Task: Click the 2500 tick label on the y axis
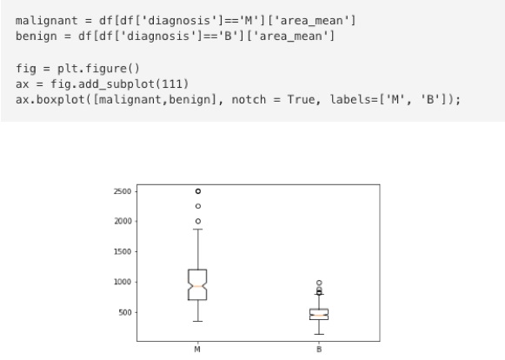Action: [123, 191]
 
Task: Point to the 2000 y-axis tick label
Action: [123, 222]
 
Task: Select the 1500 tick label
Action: [123, 251]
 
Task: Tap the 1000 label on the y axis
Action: [123, 282]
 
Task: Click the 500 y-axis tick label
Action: [125, 313]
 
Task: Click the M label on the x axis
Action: [197, 350]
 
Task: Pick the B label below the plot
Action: [319, 350]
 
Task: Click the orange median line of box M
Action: [198, 286]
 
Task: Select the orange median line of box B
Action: [319, 315]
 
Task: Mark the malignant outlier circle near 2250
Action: [198, 206]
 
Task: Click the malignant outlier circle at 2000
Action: [198, 221]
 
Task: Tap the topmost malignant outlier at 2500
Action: [198, 191]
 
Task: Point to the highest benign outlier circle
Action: [319, 283]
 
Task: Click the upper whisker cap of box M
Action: [198, 230]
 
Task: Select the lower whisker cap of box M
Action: [198, 322]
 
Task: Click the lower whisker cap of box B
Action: [319, 334]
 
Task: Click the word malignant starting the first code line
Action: [47, 21]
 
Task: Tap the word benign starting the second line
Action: [37, 37]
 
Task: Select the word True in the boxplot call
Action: [301, 100]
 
